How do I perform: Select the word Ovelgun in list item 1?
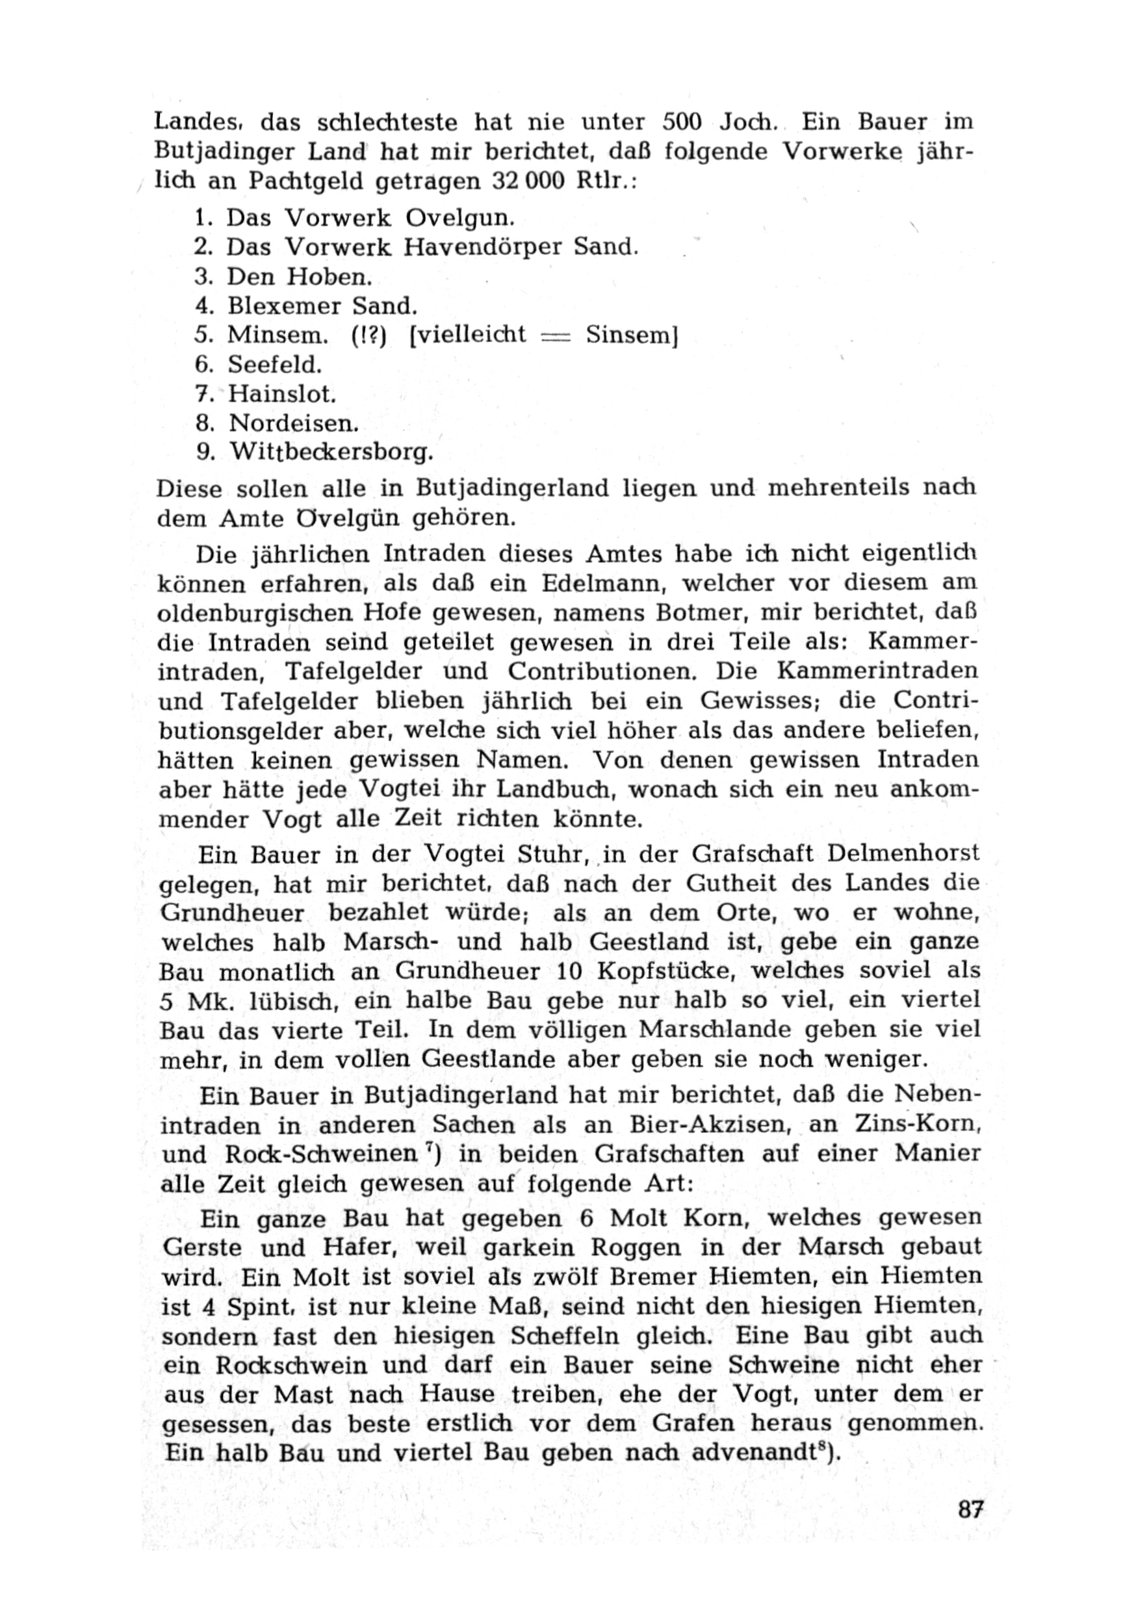tap(460, 218)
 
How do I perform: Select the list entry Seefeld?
tap(275, 365)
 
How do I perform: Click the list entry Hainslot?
tap(282, 394)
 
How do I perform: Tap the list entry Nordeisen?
tap(294, 423)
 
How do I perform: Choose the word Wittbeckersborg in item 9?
tap(331, 453)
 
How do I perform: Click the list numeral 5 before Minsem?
tap(203, 335)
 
